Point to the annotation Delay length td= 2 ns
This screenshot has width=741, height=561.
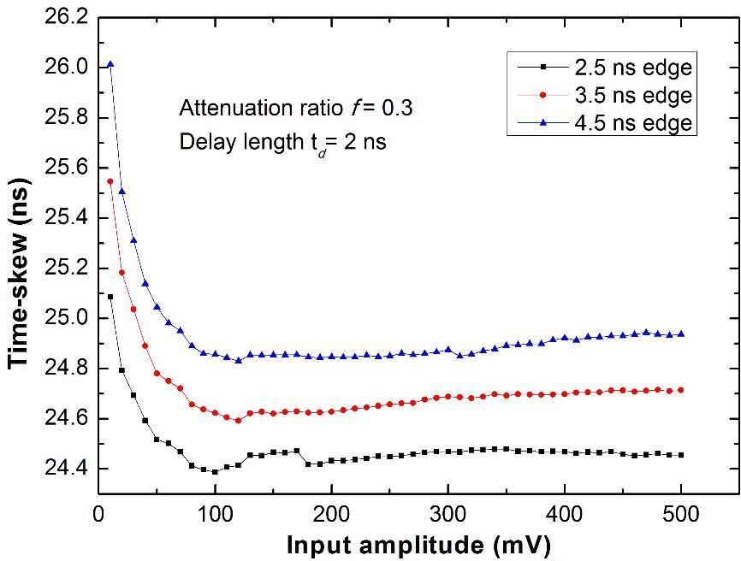pos(282,142)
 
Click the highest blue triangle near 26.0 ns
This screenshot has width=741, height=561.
pos(110,64)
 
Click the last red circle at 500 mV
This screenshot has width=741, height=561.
pos(682,390)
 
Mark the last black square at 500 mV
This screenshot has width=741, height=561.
pos(682,455)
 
